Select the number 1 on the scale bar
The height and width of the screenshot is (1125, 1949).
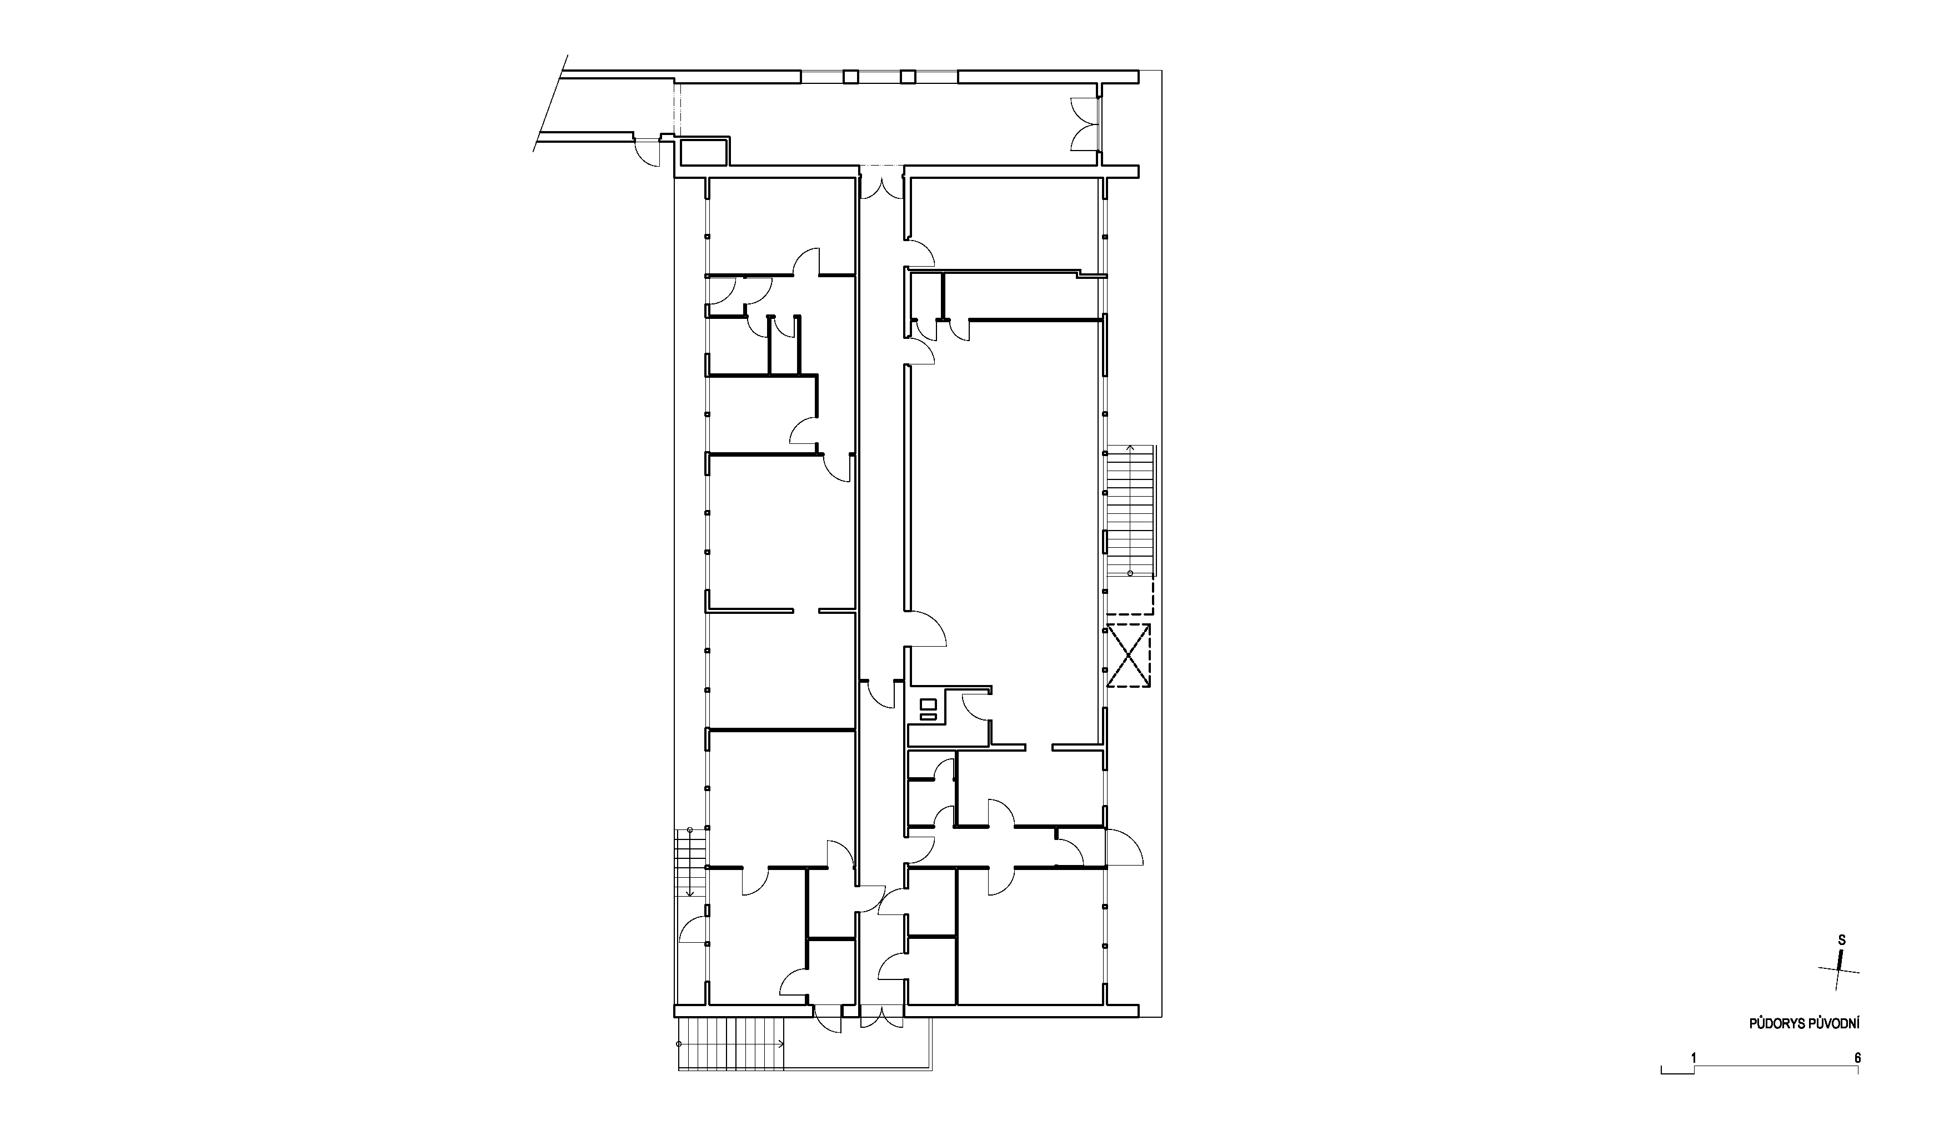click(x=1694, y=1058)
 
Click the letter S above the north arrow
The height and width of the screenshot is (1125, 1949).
click(x=1842, y=962)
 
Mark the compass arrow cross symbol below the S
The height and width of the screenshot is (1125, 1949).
click(x=1838, y=991)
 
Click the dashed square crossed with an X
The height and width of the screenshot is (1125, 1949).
click(x=1129, y=655)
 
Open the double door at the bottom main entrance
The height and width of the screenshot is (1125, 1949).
click(x=881, y=1017)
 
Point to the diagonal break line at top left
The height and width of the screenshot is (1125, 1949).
click(x=550, y=103)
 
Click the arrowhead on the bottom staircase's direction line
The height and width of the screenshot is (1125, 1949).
click(x=783, y=1044)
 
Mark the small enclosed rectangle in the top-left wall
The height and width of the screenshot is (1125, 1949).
click(x=703, y=152)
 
